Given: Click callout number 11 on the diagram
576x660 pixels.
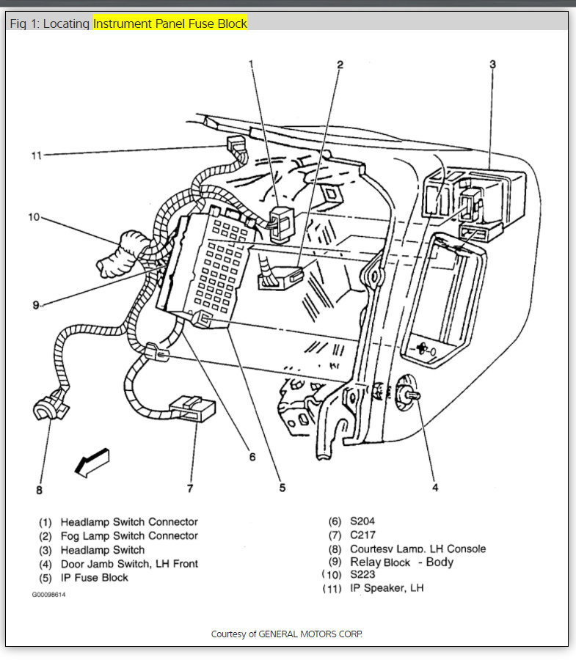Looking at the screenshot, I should pos(36,155).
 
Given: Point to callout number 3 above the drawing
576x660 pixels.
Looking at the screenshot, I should pos(492,65).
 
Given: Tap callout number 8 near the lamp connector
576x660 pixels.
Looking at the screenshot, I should pos(40,489).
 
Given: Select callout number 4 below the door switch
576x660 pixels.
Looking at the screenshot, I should pos(434,487).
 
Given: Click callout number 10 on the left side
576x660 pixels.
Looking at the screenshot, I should pos(34,217).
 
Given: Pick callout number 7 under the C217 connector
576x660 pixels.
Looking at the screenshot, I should pos(190,488).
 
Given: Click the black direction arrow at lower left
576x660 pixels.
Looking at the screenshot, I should pos(93,461).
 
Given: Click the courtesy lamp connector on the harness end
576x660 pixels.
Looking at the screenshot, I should pos(51,409).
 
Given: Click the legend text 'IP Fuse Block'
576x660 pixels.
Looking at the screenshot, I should pos(94,578).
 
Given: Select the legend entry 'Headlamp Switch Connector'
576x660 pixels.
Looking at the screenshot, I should pos(129,522).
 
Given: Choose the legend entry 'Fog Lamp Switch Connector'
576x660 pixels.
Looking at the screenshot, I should pos(129,536).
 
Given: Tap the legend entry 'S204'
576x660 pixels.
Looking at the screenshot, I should pos(362,521).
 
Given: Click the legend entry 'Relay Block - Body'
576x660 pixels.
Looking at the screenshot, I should pos(402,562).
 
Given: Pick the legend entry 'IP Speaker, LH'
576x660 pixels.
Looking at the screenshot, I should pos(387,587).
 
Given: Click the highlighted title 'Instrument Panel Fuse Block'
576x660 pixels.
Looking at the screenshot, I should pos(170,23).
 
